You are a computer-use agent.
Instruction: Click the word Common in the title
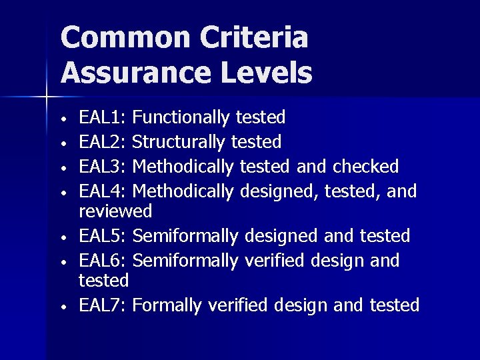tap(114, 38)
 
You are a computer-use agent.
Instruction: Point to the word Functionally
tap(181, 118)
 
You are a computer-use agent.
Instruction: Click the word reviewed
tap(115, 212)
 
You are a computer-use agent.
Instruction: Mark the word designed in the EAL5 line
tap(281, 236)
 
